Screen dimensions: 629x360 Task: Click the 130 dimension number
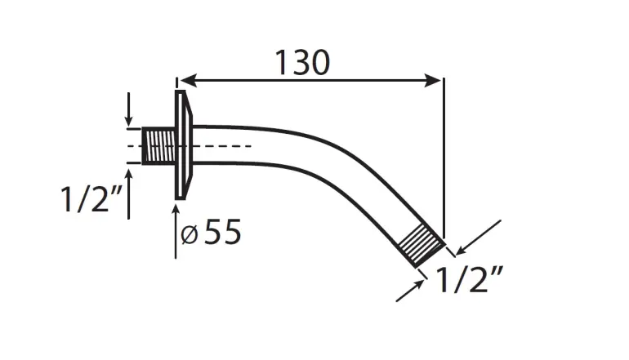302,63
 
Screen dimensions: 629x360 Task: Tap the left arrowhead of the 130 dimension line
187,81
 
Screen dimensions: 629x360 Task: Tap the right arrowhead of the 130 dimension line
433,81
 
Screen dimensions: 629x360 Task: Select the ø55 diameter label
211,232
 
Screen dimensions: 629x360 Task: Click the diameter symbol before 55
189,235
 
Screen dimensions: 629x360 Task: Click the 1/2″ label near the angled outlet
469,279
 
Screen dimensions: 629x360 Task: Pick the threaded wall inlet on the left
158,146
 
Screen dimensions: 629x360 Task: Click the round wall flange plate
183,144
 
